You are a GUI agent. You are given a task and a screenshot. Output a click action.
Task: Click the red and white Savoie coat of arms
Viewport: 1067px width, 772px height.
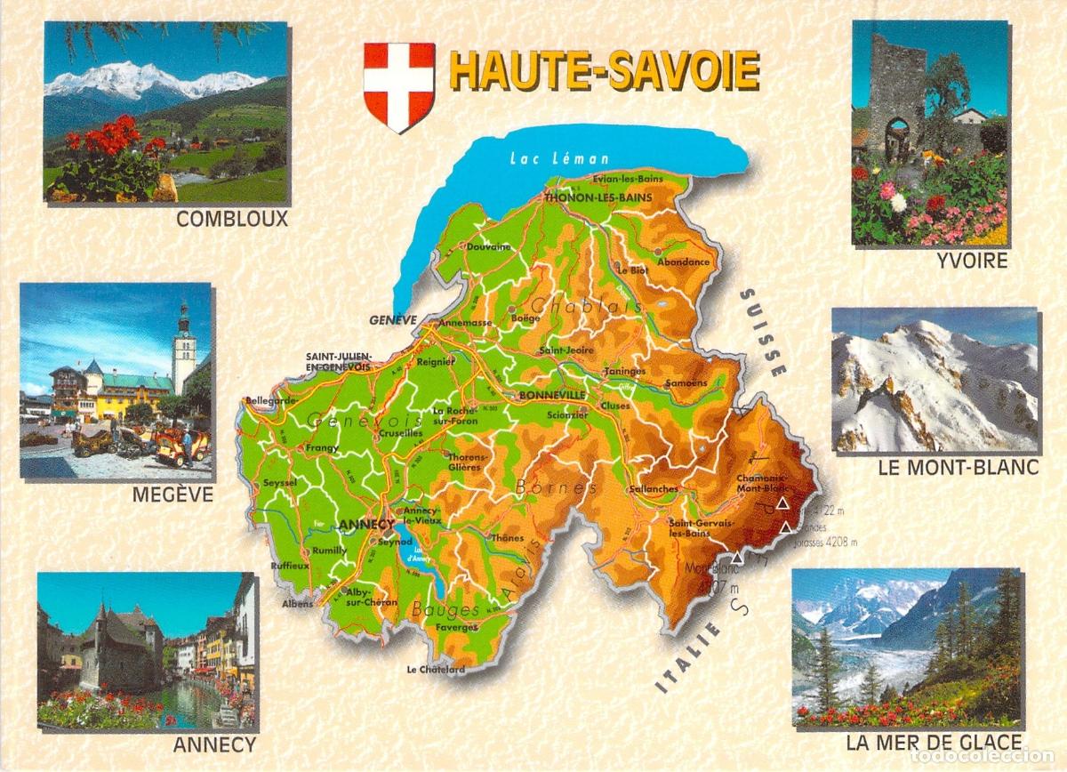pyautogui.click(x=399, y=86)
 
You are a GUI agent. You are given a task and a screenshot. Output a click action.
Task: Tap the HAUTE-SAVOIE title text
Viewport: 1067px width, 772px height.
pyautogui.click(x=605, y=72)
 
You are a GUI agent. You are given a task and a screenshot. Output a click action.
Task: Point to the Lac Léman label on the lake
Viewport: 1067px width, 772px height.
pyautogui.click(x=547, y=159)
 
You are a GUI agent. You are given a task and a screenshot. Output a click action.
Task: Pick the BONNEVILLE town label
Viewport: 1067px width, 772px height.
pyautogui.click(x=553, y=394)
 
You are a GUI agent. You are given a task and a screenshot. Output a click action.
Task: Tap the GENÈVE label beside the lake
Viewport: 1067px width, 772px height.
pyautogui.click(x=392, y=319)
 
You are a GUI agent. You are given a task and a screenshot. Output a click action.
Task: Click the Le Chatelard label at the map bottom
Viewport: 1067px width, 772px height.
pyautogui.click(x=436, y=670)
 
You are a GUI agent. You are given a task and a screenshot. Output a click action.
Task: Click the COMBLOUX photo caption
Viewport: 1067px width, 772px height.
pyautogui.click(x=232, y=219)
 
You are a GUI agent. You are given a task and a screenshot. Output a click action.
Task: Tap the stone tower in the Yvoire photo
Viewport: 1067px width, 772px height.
pyautogui.click(x=897, y=93)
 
